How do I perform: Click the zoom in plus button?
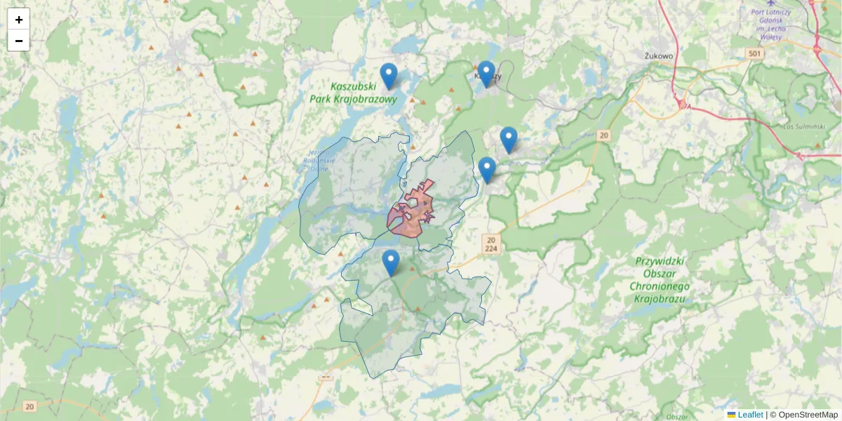coord(19,20)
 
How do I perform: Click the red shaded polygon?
coord(410,214)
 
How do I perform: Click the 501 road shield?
coord(754,54)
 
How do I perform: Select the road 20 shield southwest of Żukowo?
coord(605,135)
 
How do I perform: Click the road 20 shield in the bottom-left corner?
coord(29,406)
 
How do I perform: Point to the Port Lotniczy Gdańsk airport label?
coord(770,20)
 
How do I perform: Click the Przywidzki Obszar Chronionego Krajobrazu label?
coord(659,279)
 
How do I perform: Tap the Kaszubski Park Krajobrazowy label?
coord(353,93)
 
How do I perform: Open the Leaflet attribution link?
coord(750,415)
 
